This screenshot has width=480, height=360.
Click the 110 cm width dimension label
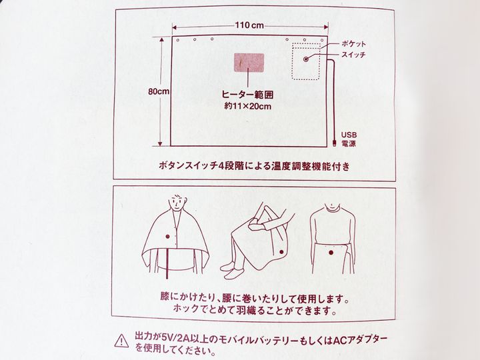(x=249, y=25)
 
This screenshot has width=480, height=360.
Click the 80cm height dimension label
(x=159, y=91)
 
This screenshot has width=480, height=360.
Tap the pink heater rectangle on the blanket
(x=249, y=63)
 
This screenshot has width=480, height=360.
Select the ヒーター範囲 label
(x=247, y=95)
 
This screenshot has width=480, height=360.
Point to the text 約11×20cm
(x=247, y=106)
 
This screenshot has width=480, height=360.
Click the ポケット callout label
(x=353, y=44)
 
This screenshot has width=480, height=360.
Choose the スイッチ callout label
(x=353, y=55)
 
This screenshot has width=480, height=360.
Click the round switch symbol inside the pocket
(x=305, y=59)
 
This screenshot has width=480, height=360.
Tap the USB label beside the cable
(x=349, y=135)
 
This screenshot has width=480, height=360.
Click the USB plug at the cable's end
(x=334, y=143)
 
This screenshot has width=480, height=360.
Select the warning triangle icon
(x=121, y=341)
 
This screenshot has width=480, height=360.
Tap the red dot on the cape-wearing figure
(x=167, y=236)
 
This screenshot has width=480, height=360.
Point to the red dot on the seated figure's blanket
(x=281, y=251)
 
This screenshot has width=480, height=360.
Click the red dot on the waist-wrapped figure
(x=331, y=253)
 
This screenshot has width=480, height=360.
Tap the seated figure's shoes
(x=232, y=271)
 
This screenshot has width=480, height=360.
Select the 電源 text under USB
(x=349, y=143)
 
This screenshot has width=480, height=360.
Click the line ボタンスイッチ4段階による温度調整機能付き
(x=254, y=166)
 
